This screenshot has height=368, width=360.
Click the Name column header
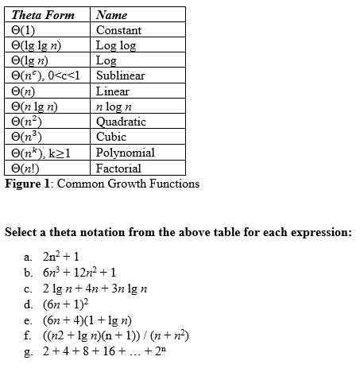[x=111, y=14]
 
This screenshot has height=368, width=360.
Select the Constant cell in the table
[x=118, y=30]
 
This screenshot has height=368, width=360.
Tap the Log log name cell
[x=116, y=45]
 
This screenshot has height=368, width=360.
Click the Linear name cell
[x=112, y=91]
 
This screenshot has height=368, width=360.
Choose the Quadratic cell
[x=121, y=122]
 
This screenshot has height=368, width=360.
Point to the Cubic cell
[x=111, y=137]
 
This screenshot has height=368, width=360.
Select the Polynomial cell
[x=125, y=152]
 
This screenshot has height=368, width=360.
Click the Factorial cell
[x=118, y=168]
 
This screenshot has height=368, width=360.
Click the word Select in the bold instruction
[x=21, y=233]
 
